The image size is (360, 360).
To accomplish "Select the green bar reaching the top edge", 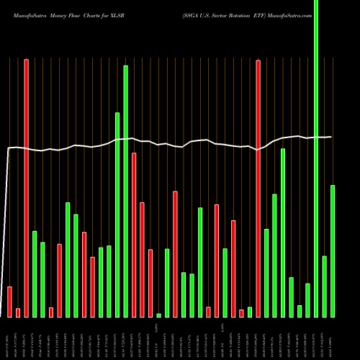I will [x=316, y=158].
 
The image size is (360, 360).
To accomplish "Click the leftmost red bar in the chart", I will [x=10, y=302].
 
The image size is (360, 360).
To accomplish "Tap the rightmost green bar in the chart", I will [x=333, y=251].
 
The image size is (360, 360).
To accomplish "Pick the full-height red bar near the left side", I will [x=27, y=187].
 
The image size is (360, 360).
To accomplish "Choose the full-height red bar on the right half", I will [x=258, y=187].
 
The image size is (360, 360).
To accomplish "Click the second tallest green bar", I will [x=126, y=191].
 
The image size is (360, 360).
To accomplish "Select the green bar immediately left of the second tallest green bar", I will [x=117, y=215].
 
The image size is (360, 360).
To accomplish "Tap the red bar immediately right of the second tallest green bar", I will [x=134, y=235].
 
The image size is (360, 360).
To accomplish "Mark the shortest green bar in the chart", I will [x=159, y=315].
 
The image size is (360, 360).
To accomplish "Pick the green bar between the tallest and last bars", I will [x=325, y=286].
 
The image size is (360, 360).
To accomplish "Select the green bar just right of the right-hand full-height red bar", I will [x=266, y=273].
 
